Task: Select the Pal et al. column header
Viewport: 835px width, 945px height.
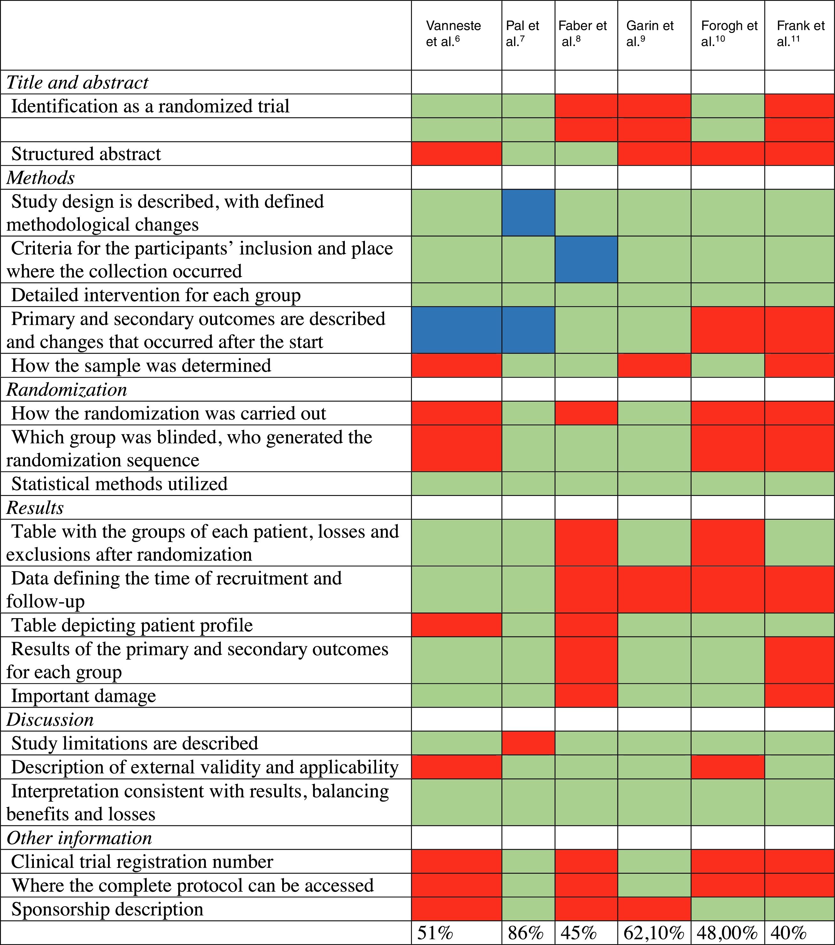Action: (522, 33)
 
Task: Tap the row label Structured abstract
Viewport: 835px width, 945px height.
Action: (86, 154)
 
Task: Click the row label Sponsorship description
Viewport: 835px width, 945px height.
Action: (107, 909)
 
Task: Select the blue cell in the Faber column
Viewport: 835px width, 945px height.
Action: (586, 259)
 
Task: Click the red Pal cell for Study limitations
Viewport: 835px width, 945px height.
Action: (528, 743)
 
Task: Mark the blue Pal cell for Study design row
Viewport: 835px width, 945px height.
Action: (528, 213)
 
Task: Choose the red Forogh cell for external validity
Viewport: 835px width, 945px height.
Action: (728, 767)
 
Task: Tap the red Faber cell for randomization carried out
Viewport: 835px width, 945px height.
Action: (586, 413)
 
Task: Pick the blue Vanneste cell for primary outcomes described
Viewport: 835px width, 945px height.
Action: (457, 330)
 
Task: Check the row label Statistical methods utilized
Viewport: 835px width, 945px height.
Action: (119, 484)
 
